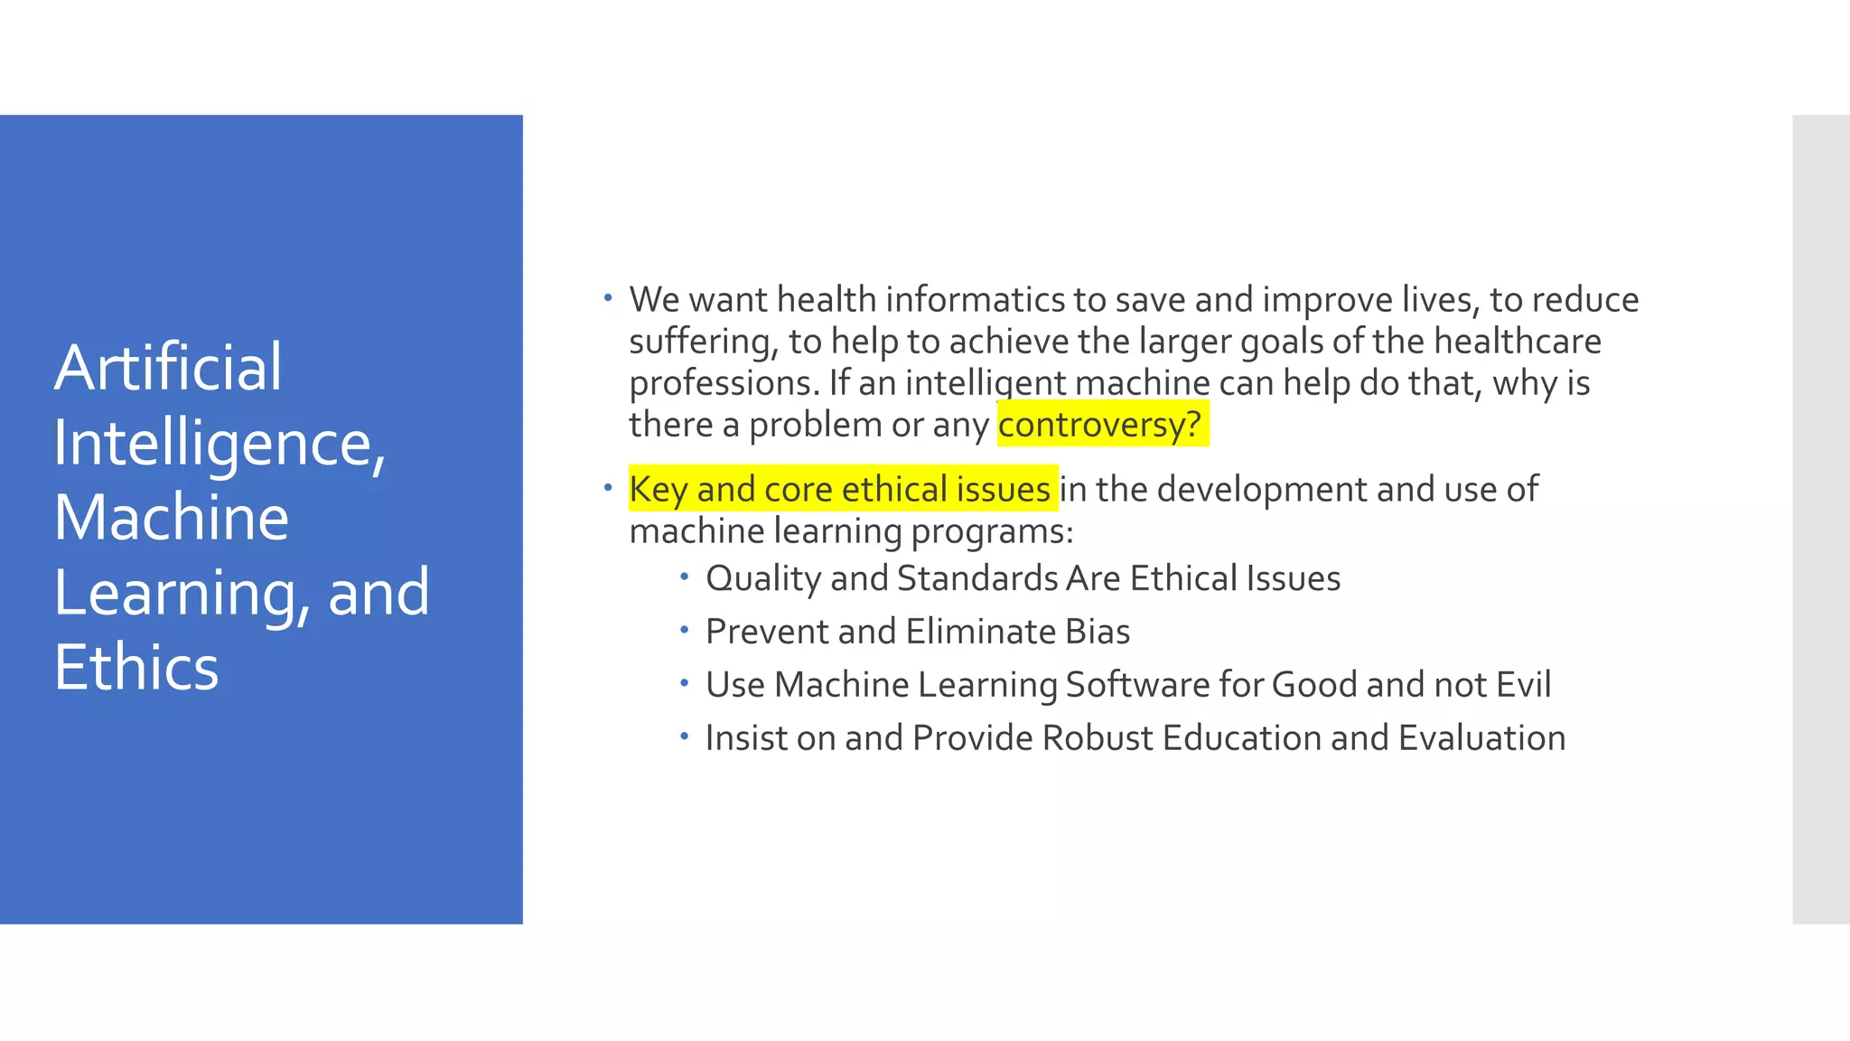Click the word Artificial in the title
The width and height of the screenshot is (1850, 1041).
coord(168,368)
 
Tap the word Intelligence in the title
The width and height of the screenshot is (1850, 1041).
coord(213,443)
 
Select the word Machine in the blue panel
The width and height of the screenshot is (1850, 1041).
coord(172,518)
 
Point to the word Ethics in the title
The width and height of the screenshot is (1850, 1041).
coord(136,668)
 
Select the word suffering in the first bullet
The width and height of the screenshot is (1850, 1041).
coord(703,342)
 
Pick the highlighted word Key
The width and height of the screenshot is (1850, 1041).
coord(659,490)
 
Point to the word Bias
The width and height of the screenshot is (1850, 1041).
coord(1098,632)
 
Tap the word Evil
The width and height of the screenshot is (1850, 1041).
coord(1523,685)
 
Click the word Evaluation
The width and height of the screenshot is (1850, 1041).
coord(1481,738)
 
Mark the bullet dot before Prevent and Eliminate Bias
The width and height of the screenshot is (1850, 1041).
coord(685,629)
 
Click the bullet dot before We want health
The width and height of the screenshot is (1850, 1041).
coord(608,297)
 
